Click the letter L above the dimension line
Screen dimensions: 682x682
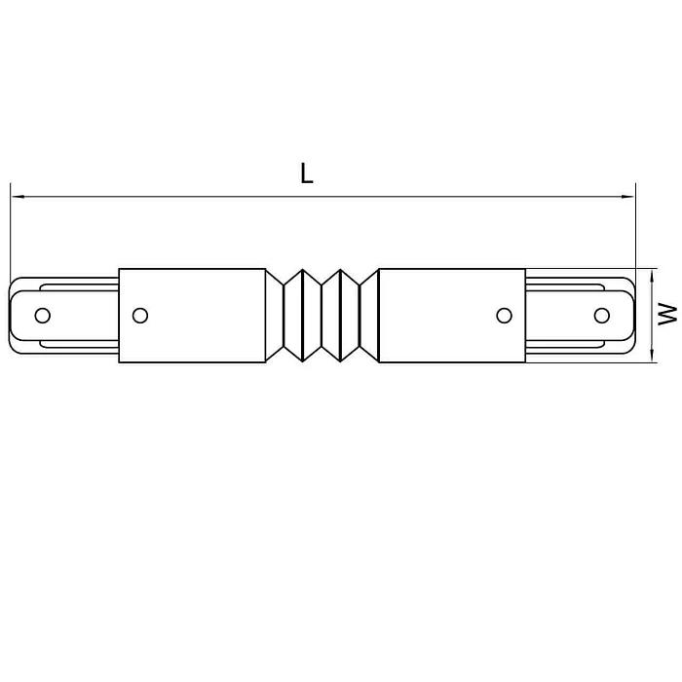(307, 173)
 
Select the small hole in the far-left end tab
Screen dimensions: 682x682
(42, 315)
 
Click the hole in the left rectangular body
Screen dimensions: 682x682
(140, 315)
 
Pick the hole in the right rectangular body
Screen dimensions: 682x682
(504, 315)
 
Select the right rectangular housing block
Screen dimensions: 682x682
(450, 315)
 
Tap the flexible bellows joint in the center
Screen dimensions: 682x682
(322, 315)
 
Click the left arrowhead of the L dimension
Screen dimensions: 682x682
(17, 198)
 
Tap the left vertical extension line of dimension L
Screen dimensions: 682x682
(10, 234)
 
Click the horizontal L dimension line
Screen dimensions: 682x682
(322, 198)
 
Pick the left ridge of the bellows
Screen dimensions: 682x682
(302, 315)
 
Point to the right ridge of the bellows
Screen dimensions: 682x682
(341, 315)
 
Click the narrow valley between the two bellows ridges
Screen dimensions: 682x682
(322, 315)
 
